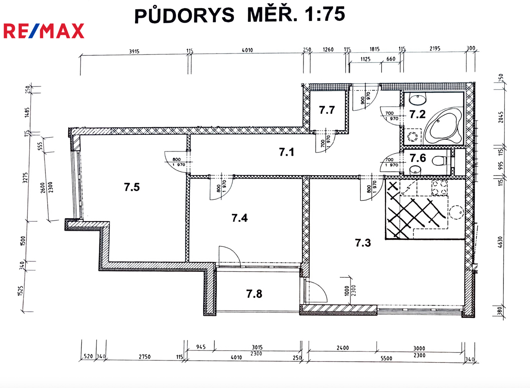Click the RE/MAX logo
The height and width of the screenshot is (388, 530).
pyautogui.click(x=44, y=31)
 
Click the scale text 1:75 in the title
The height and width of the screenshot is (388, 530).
pyautogui.click(x=324, y=14)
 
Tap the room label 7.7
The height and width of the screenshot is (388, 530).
pyautogui.click(x=327, y=110)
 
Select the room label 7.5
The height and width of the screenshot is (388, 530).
pyautogui.click(x=132, y=187)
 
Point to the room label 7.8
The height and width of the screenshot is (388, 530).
pyautogui.click(x=254, y=294)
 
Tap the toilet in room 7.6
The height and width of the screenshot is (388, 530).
pyautogui.click(x=439, y=161)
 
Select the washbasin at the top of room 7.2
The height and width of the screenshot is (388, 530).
pyautogui.click(x=418, y=99)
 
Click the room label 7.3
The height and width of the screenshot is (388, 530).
pyautogui.click(x=363, y=243)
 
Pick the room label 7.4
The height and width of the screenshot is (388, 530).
pyautogui.click(x=239, y=218)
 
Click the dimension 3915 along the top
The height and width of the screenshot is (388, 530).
pyautogui.click(x=134, y=51)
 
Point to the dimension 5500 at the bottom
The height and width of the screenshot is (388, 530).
pyautogui.click(x=386, y=359)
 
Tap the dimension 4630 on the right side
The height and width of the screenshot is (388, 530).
pyautogui.click(x=500, y=242)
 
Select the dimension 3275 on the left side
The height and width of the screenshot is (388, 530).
pyautogui.click(x=25, y=178)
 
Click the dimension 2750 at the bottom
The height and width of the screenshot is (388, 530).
pyautogui.click(x=144, y=356)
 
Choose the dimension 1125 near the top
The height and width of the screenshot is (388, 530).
pyautogui.click(x=365, y=59)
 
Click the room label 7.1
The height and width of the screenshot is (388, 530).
pyautogui.click(x=286, y=152)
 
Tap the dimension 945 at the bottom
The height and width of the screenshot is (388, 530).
pyautogui.click(x=201, y=347)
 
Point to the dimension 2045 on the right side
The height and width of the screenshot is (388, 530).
pyautogui.click(x=501, y=117)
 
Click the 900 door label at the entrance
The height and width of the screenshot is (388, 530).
pyautogui.click(x=363, y=100)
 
